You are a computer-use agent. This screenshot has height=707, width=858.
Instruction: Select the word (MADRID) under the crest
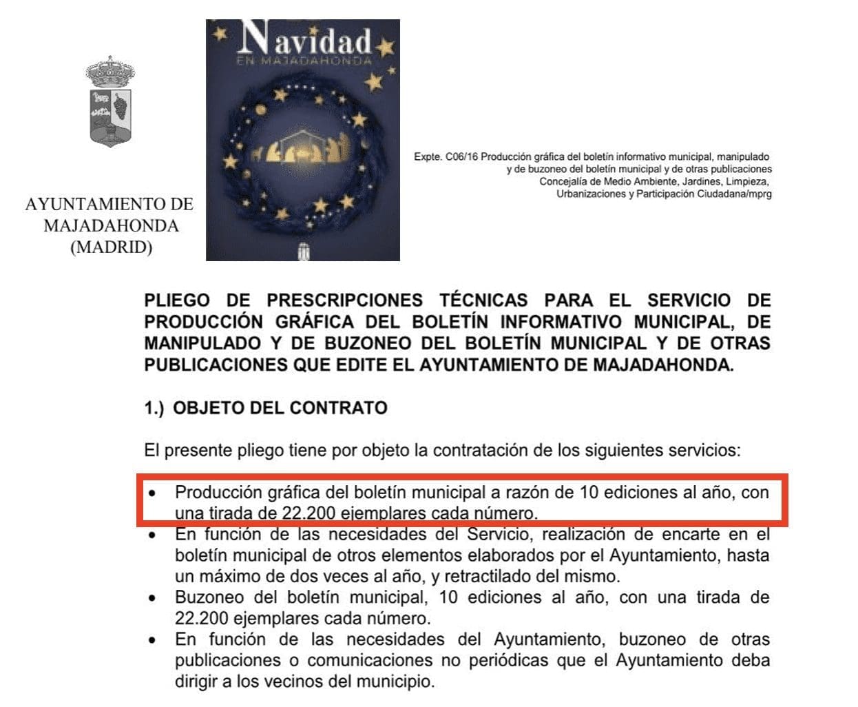point(111,247)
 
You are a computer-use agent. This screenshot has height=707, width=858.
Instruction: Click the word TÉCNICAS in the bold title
point(483,300)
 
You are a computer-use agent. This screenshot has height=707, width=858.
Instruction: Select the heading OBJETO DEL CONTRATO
point(280,408)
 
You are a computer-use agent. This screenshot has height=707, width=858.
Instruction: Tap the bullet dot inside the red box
point(153,493)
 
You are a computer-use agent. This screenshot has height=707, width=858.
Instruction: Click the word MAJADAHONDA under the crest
point(111,226)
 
